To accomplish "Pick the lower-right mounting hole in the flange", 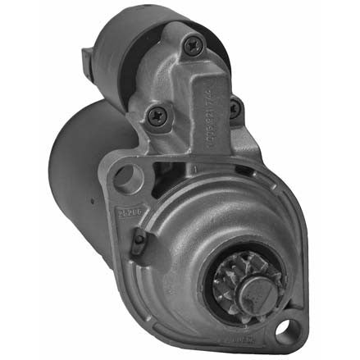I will (285, 330).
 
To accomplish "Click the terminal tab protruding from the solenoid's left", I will (88, 60).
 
